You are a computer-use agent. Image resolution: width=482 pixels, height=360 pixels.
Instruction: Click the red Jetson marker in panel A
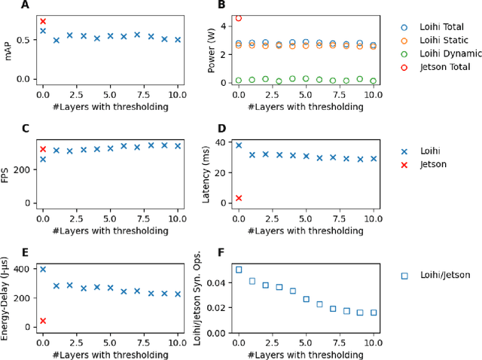click(43, 22)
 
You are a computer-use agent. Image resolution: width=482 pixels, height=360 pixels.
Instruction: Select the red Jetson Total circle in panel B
click(239, 18)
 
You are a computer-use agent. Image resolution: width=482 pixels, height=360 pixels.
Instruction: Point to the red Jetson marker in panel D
click(239, 198)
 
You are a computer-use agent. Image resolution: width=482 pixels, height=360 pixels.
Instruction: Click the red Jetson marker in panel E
click(43, 321)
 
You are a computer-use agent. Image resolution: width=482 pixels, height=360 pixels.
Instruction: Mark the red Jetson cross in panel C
click(43, 149)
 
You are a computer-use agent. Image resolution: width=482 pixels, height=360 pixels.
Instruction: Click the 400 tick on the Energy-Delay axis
click(22, 269)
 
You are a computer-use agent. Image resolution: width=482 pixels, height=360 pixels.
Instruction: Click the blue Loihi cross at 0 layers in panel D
click(239, 145)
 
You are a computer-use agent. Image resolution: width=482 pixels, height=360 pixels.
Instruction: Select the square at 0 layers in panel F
click(239, 270)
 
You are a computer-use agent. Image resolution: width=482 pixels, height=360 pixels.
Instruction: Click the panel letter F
click(221, 253)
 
